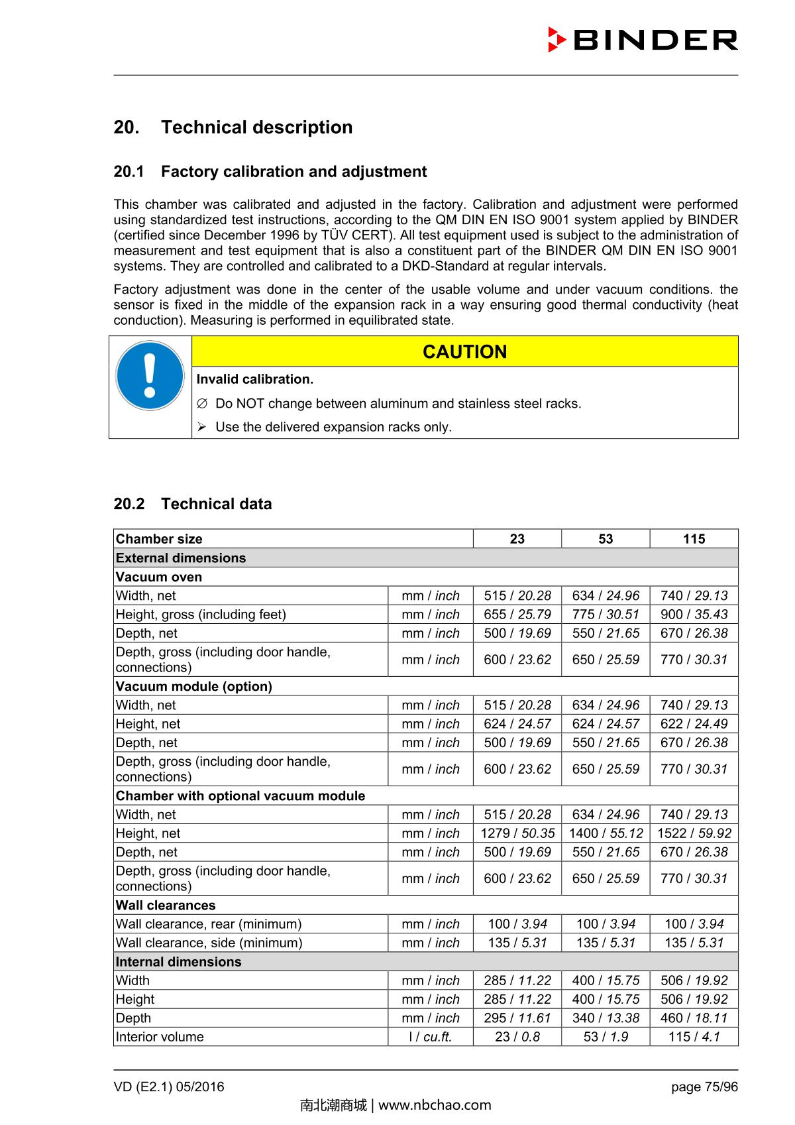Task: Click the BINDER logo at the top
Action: (643, 40)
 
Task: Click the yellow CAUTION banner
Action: (464, 351)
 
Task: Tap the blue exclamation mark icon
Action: (150, 375)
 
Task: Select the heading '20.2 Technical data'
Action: (193, 504)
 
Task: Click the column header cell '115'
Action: (694, 539)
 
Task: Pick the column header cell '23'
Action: (517, 539)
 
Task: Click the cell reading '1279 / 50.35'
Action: (517, 833)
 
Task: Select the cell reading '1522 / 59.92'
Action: (694, 833)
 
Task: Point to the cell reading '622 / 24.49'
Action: (694, 724)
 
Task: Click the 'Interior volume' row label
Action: (160, 1037)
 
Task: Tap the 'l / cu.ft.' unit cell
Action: (430, 1037)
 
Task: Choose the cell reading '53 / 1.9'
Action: (606, 1037)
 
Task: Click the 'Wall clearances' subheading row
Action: (166, 906)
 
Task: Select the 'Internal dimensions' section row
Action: (179, 962)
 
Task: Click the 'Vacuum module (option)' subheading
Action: (194, 687)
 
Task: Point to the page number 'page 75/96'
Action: (704, 1087)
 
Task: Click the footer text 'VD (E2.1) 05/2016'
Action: (169, 1087)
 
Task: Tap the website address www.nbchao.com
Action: (435, 1105)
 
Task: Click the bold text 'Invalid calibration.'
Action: (255, 379)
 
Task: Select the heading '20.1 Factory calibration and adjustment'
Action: (270, 172)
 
